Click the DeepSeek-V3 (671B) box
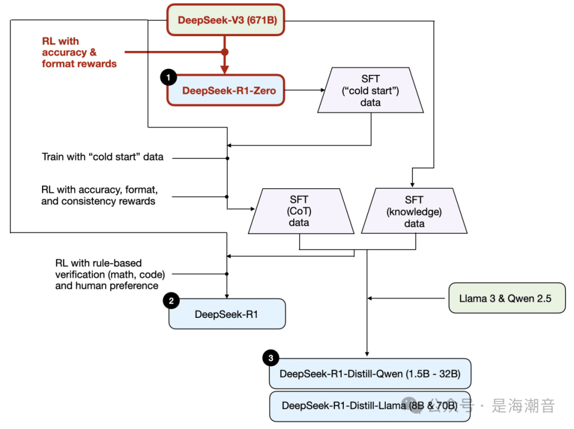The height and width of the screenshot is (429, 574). [226, 20]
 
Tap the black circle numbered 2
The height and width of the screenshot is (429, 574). [171, 301]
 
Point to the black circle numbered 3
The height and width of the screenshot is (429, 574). [271, 358]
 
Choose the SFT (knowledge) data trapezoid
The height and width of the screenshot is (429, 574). [413, 211]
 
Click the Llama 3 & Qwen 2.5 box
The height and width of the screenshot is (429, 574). [505, 298]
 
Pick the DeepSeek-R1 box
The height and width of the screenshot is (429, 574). [227, 314]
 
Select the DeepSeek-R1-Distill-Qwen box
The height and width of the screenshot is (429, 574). [370, 374]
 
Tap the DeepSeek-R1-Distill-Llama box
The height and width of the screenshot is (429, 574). [370, 406]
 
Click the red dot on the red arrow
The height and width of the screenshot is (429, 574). [224, 52]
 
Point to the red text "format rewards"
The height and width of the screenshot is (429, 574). [79, 64]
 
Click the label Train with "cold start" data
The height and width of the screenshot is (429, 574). [103, 157]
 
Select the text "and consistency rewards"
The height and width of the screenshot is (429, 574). [98, 201]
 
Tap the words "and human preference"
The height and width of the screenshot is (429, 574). [107, 285]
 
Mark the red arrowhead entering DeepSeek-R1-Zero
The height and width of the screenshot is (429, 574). [224, 70]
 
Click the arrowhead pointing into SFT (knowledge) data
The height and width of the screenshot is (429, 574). [412, 184]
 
